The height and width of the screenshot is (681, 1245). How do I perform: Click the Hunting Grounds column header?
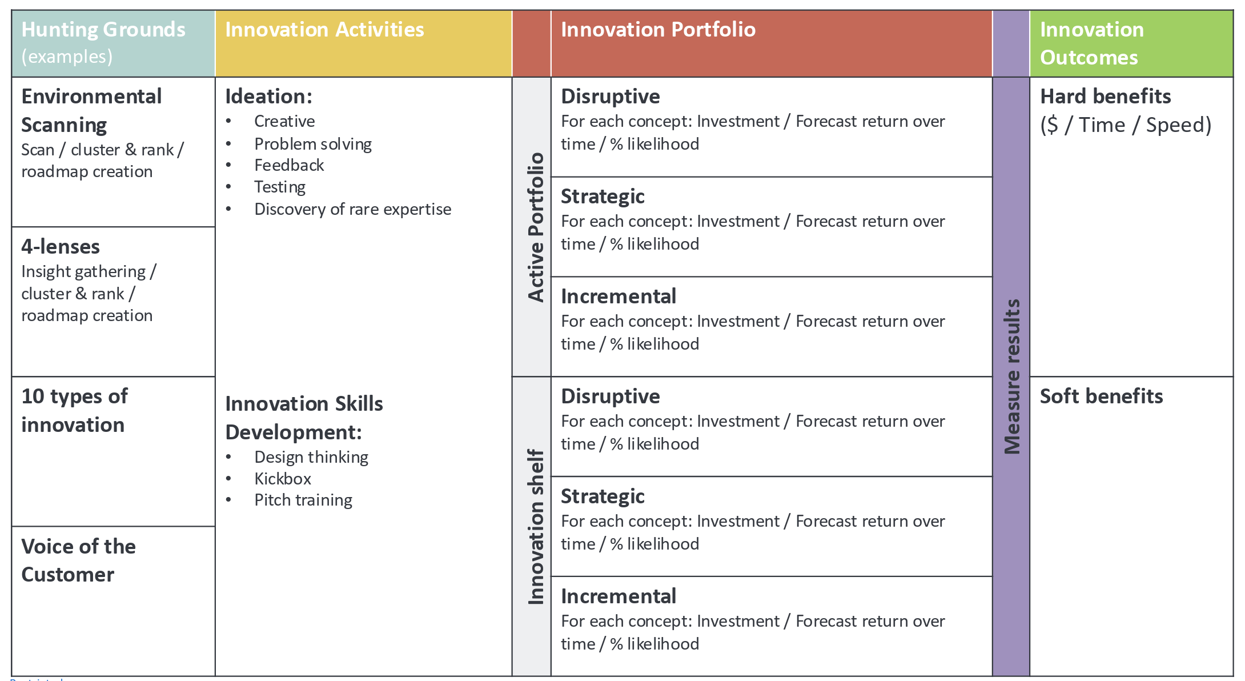[x=103, y=30]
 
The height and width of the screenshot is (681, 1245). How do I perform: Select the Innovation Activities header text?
[x=324, y=30]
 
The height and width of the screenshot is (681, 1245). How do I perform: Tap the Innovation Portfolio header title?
[x=658, y=30]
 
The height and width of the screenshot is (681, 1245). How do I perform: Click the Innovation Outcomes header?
[x=1091, y=43]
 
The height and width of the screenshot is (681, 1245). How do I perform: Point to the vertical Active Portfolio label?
[x=535, y=227]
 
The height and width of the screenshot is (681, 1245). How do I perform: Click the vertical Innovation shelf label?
[x=535, y=526]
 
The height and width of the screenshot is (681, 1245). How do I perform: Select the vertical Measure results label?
[x=1011, y=376]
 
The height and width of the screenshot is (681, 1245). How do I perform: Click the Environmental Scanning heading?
[x=91, y=110]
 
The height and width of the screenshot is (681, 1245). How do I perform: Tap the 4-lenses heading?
[x=61, y=247]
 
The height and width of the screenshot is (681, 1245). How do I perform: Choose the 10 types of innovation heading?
[x=74, y=410]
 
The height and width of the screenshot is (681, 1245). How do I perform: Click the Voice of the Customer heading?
[x=78, y=560]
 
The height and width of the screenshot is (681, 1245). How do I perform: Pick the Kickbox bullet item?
[x=283, y=479]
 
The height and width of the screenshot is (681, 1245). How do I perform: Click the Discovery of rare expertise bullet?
[x=352, y=209]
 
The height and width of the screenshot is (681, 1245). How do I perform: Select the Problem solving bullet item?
[x=313, y=144]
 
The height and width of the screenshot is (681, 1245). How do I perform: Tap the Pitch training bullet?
[x=303, y=500]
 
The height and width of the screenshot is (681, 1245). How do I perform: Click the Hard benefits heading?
[x=1105, y=97]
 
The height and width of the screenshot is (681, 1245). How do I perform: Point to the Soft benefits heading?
[x=1101, y=396]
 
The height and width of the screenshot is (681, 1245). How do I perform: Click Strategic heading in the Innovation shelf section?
[x=603, y=496]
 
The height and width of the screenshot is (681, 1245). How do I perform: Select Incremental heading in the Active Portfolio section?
[x=619, y=297]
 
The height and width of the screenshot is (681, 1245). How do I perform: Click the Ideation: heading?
[x=268, y=97]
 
